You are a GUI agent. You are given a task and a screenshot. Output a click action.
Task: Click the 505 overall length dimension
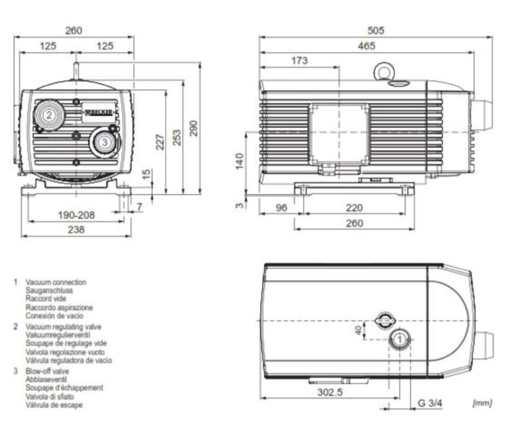point(376,30)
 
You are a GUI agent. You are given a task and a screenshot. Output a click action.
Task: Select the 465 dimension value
point(366,46)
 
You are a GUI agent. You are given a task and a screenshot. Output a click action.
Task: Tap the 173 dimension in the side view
point(299,60)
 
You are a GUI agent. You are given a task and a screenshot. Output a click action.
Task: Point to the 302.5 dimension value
point(330,392)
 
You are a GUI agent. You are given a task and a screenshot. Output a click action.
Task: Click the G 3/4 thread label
point(430,403)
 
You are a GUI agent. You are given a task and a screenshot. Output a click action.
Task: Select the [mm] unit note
point(482,403)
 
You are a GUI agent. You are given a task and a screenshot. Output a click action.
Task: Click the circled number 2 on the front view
point(50,115)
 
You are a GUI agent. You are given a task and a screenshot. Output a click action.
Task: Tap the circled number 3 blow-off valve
point(105,142)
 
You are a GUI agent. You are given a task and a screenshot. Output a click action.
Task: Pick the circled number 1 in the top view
point(400,339)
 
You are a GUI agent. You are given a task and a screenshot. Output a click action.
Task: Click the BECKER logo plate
point(99,113)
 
